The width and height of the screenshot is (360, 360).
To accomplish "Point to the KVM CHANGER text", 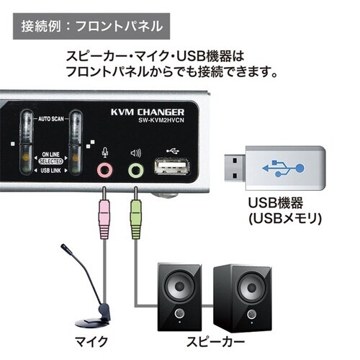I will tap(148, 112).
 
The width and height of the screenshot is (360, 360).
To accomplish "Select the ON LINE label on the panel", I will tap(49, 155).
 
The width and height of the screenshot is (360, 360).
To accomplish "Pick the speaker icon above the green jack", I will tap(135, 153).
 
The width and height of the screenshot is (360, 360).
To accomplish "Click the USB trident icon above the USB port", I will tap(170, 151).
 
